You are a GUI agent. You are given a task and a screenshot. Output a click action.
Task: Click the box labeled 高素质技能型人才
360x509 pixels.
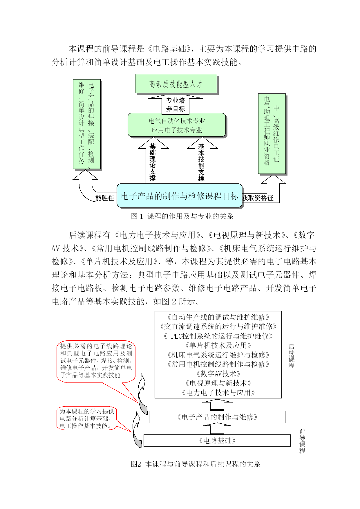176,84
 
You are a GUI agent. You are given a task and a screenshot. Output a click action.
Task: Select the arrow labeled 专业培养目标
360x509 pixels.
175,104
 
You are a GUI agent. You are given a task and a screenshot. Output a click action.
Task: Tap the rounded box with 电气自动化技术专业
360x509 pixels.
177,125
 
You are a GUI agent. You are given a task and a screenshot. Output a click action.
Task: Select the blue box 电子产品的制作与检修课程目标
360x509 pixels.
180,196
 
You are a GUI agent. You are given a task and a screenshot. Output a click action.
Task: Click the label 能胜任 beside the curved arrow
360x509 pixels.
105,198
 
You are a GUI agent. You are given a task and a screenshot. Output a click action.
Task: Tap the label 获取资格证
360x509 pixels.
258,198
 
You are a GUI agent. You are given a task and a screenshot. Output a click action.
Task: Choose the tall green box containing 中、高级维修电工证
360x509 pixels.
272,134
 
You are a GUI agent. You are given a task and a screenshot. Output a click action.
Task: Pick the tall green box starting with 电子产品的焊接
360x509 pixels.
87,124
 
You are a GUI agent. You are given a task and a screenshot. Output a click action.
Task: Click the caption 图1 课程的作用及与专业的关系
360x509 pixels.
182,216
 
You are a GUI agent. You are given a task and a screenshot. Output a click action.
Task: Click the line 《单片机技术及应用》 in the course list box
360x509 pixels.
218,345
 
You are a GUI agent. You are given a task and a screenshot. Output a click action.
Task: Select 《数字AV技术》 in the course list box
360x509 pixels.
218,374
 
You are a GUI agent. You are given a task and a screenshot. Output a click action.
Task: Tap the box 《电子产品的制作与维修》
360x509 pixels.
217,417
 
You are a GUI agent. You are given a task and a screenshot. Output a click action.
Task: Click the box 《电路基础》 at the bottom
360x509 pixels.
217,441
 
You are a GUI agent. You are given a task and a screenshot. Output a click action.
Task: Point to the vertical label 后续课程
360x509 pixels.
292,356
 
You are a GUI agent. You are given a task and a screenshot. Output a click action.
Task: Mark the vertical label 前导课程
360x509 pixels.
302,441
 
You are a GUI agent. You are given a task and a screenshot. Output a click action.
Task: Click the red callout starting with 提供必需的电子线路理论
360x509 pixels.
96,361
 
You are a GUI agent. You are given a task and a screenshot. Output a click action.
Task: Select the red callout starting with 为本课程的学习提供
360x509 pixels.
87,418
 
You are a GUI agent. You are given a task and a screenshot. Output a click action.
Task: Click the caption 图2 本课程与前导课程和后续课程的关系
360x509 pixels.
196,464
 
